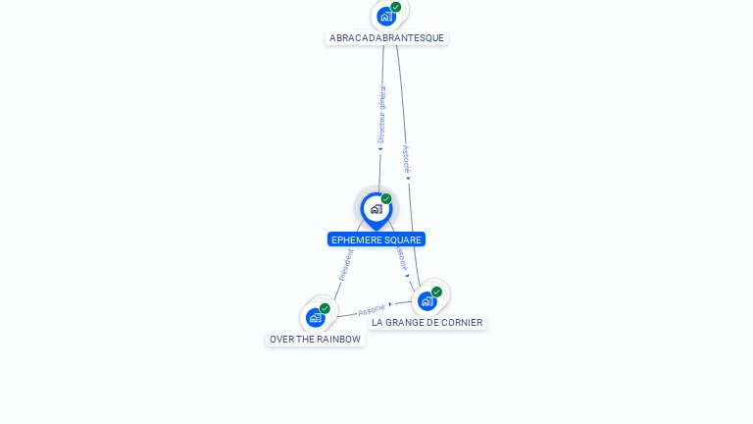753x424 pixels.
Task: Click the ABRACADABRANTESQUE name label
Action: (x=386, y=38)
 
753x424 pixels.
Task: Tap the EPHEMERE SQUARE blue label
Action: (x=376, y=239)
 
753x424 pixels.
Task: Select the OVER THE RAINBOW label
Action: (x=315, y=340)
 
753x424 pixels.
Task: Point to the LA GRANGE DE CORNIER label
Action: (x=427, y=322)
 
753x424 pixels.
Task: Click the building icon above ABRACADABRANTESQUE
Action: (x=386, y=16)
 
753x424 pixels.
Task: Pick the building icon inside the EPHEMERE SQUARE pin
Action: (x=376, y=208)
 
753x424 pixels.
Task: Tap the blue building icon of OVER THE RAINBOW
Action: (x=315, y=317)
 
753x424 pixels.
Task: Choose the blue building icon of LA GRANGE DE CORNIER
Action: (x=427, y=300)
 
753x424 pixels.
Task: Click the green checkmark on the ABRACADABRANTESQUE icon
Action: (x=396, y=7)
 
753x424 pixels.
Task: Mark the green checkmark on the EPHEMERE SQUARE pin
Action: (x=386, y=199)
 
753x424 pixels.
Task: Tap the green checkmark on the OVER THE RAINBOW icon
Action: (x=325, y=308)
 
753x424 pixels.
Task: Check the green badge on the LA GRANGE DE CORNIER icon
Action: (x=436, y=291)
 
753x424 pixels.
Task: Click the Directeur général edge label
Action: (x=381, y=114)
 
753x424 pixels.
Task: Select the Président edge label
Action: (x=346, y=265)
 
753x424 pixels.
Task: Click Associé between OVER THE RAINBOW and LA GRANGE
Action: (x=371, y=310)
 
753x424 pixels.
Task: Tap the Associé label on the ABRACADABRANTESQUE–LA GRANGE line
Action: (x=406, y=158)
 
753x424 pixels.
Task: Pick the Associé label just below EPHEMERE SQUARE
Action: (x=401, y=258)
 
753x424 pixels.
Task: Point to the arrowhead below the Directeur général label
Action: (x=380, y=149)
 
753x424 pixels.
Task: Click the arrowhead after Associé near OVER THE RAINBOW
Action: (x=390, y=304)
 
